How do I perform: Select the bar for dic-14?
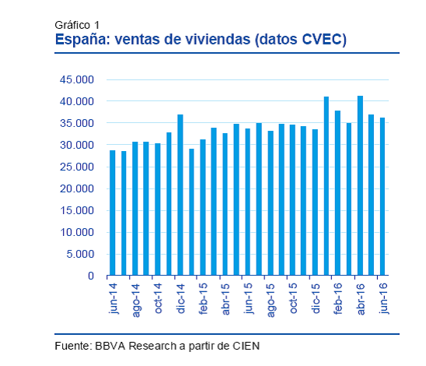pos(180,195)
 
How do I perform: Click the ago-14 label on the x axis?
pos(135,300)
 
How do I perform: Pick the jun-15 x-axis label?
pos(248,300)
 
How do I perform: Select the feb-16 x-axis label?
pos(338,300)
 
